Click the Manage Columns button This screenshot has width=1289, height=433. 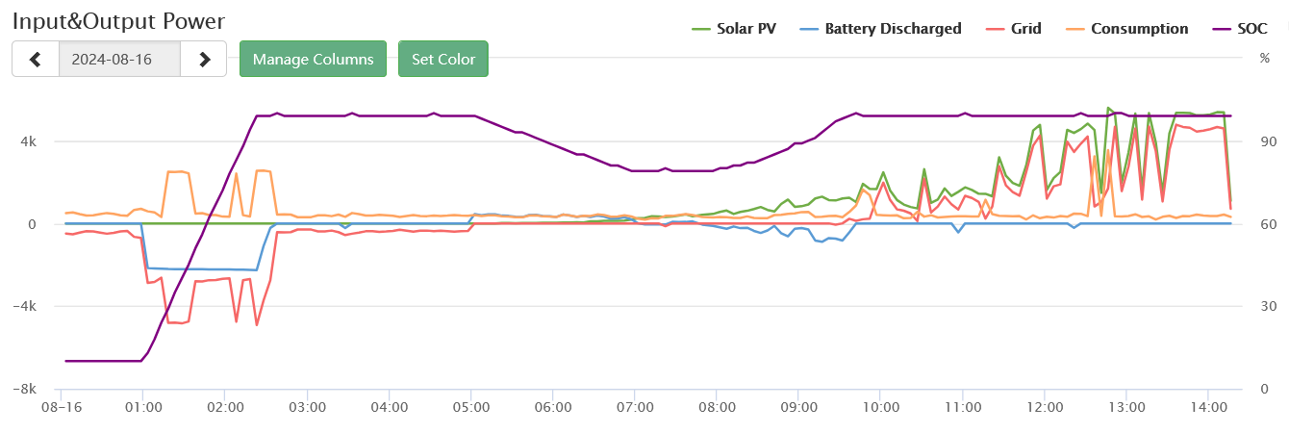pos(313,59)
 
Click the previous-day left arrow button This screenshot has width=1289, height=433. pos(36,59)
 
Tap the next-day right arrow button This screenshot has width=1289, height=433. pos(204,59)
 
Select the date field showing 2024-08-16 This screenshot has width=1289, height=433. pos(119,59)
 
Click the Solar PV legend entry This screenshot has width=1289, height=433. pos(735,29)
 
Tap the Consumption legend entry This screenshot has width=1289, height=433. pos(1129,29)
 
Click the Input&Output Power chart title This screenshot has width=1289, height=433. pos(118,20)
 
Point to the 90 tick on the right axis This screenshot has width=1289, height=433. pos(1268,141)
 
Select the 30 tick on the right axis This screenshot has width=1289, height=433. pos(1268,306)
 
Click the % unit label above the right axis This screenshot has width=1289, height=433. pos(1265,58)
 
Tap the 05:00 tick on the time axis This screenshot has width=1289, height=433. pos(470,408)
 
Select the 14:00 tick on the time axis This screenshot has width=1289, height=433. pos(1209,408)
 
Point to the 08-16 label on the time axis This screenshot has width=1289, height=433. pos(61,408)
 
